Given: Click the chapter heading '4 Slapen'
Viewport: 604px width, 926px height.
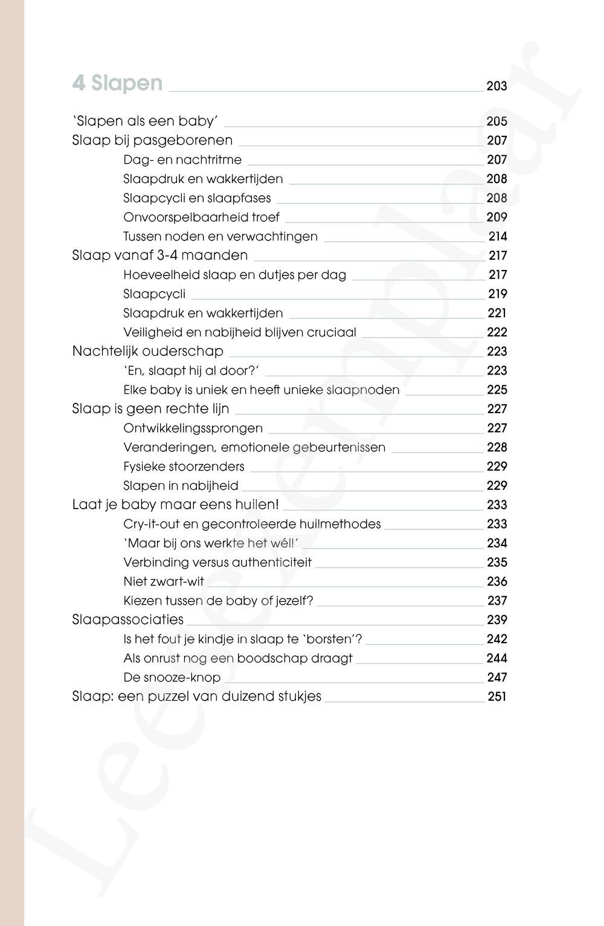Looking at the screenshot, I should tap(117, 83).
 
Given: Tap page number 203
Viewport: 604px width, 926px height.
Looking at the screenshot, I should tap(496, 86).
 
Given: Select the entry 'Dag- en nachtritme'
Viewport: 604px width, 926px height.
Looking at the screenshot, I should tap(182, 159).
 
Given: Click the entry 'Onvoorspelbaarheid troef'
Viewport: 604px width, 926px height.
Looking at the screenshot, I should tap(201, 217).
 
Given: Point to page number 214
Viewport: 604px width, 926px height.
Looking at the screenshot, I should tap(498, 236).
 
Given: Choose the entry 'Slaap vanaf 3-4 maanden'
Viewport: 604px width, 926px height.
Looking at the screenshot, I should tap(159, 255).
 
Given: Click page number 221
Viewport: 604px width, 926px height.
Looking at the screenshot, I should tap(497, 313).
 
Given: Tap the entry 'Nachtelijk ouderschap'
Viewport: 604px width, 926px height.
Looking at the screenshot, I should tap(147, 351).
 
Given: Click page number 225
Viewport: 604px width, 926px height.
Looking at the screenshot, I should tap(497, 390).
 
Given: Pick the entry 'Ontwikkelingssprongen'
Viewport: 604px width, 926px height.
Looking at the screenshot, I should tap(193, 428).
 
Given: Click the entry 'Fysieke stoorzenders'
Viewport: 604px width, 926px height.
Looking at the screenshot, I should tap(184, 466).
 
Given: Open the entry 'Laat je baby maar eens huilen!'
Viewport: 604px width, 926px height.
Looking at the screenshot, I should tap(175, 504).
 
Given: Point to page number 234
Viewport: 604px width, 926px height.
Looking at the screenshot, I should tap(497, 543).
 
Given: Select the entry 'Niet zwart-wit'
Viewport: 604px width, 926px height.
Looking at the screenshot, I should tap(164, 582).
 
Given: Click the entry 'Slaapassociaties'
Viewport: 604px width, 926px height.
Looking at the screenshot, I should tap(127, 620).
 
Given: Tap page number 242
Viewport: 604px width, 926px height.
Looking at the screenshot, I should tap(497, 639).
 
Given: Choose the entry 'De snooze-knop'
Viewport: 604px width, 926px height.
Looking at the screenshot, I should tap(172, 677).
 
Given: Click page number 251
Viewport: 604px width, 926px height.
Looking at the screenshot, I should tap(497, 696).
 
